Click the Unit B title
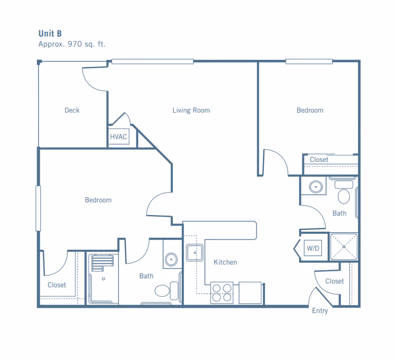click(50, 34)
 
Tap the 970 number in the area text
click(75, 44)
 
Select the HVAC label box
click(118, 136)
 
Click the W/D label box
click(313, 248)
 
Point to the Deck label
click(72, 110)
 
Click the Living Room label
click(191, 110)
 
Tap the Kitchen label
click(225, 262)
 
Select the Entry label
click(320, 311)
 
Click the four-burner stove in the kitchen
click(222, 292)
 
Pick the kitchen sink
click(195, 252)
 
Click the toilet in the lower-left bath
click(166, 291)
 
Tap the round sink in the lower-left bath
click(171, 259)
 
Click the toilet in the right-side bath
click(344, 192)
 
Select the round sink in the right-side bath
click(316, 187)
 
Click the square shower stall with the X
click(344, 246)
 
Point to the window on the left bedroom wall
click(39, 208)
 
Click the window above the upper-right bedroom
click(309, 61)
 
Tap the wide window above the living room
click(153, 61)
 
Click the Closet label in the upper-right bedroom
click(319, 160)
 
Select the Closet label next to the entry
click(334, 281)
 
